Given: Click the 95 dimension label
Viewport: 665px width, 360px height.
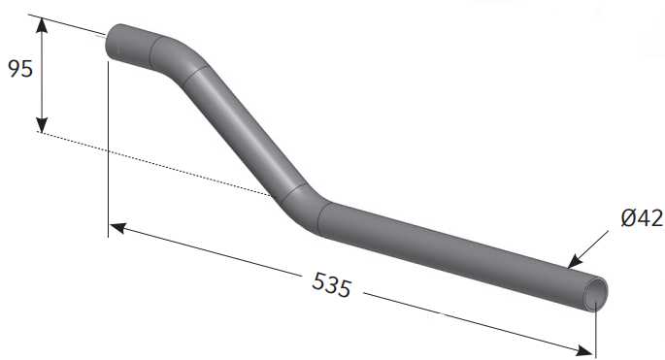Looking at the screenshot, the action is point(20,69).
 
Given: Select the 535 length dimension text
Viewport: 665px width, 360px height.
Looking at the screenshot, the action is point(332,285).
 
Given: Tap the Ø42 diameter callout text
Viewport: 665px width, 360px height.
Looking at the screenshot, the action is point(642,218).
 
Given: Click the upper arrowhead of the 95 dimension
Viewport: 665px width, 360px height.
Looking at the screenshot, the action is point(41,25).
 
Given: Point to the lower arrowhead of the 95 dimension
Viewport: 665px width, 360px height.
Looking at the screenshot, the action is point(42,124).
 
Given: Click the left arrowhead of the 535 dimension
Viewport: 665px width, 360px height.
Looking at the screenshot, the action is point(117,228).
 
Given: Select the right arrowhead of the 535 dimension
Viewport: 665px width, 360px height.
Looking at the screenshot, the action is point(584,350).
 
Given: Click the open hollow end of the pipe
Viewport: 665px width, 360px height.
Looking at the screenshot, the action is point(595,294).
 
